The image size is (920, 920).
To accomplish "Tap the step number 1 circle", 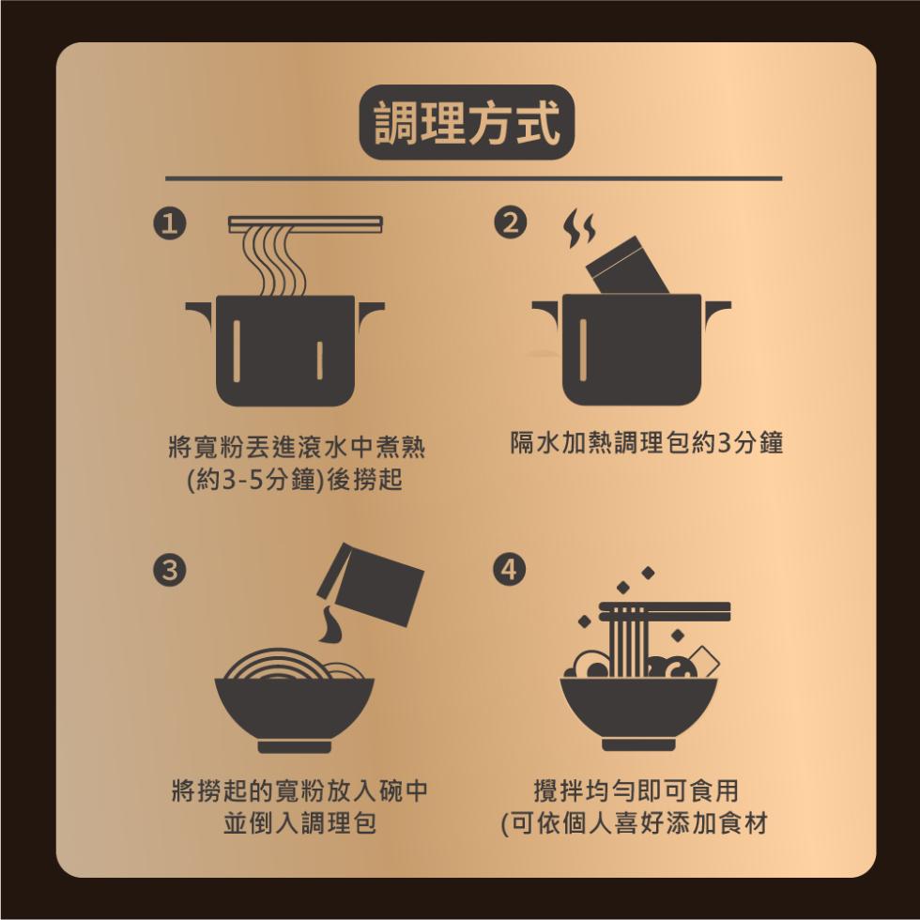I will pos(169,225).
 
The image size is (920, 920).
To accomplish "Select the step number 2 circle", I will pos(511,225).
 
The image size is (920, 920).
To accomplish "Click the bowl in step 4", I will pos(638,710).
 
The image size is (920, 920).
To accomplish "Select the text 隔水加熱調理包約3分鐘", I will pos(646,443).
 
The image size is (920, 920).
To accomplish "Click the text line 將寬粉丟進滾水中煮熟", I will pos(294,446).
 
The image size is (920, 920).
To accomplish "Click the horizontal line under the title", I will pos(473,177).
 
